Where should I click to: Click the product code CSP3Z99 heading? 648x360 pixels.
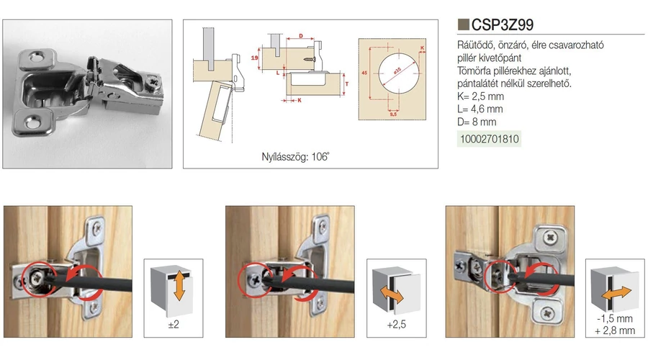click(x=502, y=24)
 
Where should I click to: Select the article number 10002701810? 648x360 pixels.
click(x=490, y=139)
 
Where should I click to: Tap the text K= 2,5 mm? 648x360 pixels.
click(x=481, y=96)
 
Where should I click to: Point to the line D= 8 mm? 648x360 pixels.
click(x=477, y=122)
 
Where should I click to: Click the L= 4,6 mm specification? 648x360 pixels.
click(x=480, y=109)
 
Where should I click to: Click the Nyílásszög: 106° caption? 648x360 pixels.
click(x=295, y=157)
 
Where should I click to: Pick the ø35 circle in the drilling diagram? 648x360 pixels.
click(x=398, y=73)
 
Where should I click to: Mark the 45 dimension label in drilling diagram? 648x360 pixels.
click(x=364, y=73)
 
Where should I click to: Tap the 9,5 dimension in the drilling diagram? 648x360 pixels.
click(x=393, y=114)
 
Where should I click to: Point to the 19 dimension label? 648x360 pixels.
click(x=255, y=58)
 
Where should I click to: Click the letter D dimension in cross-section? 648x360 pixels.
click(x=301, y=36)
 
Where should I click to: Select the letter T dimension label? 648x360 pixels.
click(x=347, y=84)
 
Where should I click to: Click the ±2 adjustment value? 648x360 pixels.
click(x=174, y=325)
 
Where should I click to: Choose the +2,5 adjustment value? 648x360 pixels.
click(x=396, y=325)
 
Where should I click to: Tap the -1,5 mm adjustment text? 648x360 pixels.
click(x=615, y=319)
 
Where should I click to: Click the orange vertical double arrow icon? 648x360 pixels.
click(x=179, y=286)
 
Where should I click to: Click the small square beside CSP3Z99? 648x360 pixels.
click(x=463, y=24)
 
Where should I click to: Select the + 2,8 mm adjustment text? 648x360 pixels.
click(x=615, y=330)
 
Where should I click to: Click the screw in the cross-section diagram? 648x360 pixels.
click(x=310, y=60)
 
